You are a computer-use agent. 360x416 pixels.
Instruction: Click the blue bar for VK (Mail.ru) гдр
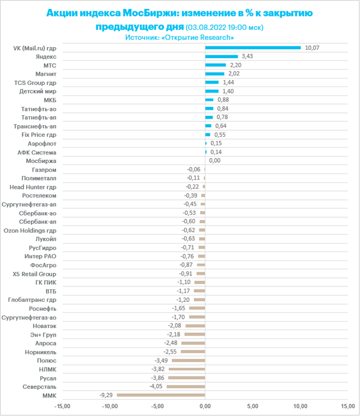(x=253, y=48)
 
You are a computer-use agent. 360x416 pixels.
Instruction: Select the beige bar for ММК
(x=161, y=395)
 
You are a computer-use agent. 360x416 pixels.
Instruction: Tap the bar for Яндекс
(x=222, y=57)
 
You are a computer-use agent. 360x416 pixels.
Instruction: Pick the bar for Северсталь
(x=186, y=387)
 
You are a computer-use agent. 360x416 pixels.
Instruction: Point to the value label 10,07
(x=312, y=48)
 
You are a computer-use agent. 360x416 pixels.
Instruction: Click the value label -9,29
(x=106, y=395)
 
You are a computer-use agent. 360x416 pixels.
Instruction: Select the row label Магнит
(x=46, y=74)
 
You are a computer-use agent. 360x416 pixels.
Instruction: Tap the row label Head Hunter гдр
(x=33, y=187)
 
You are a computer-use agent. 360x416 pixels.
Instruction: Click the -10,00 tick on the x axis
(x=110, y=406)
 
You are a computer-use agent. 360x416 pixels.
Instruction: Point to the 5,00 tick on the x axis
(x=253, y=406)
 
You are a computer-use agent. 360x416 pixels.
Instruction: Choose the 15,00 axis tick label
(x=347, y=406)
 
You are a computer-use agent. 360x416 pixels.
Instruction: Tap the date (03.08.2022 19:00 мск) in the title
(x=224, y=27)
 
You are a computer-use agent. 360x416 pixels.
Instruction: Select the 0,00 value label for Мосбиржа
(x=215, y=161)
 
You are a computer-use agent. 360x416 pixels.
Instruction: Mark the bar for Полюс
(x=188, y=360)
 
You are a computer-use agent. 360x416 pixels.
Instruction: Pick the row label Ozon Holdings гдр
(x=30, y=230)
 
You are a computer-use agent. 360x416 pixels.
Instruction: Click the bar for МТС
(x=215, y=65)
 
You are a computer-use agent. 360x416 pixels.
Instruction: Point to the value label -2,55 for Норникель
(x=170, y=352)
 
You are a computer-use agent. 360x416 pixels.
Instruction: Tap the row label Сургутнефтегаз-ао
(x=29, y=317)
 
